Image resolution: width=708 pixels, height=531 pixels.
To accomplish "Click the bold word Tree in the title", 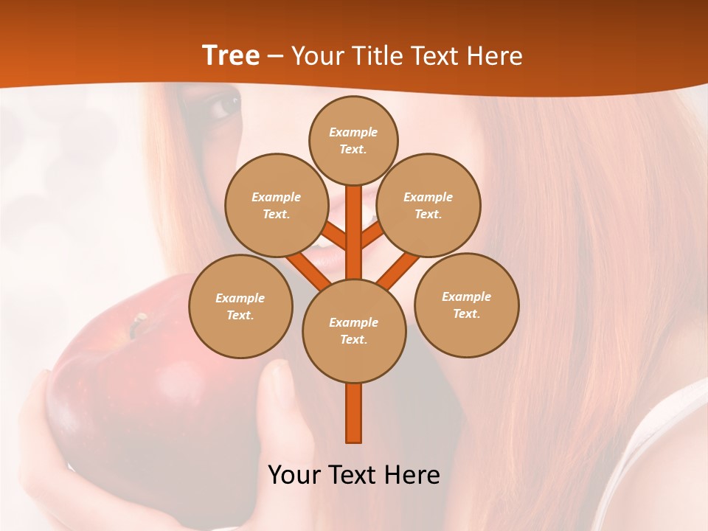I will coord(231,55).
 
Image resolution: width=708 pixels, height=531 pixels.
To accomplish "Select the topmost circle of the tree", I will coord(353,140).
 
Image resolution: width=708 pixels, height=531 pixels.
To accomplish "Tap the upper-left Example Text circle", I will coord(276,206).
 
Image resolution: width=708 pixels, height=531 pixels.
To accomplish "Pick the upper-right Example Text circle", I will coord(428,206).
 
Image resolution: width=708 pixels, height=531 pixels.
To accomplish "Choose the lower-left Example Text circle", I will coord(240,307).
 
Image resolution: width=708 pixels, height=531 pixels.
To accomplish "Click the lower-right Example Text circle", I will coord(467,305).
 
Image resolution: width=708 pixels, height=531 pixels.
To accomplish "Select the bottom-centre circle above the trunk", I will coord(354,331).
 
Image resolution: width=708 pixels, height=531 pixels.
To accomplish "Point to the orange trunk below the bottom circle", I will coord(354,413).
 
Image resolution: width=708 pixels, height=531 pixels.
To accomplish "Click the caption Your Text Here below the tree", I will coord(354,475).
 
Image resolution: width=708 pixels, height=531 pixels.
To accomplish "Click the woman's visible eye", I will coord(223,107).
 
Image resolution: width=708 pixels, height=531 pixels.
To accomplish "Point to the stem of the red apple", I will coord(137,324).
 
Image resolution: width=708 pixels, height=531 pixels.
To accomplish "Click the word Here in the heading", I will coord(495,56).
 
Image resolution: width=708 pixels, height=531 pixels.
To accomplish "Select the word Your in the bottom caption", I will coord(294,475).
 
